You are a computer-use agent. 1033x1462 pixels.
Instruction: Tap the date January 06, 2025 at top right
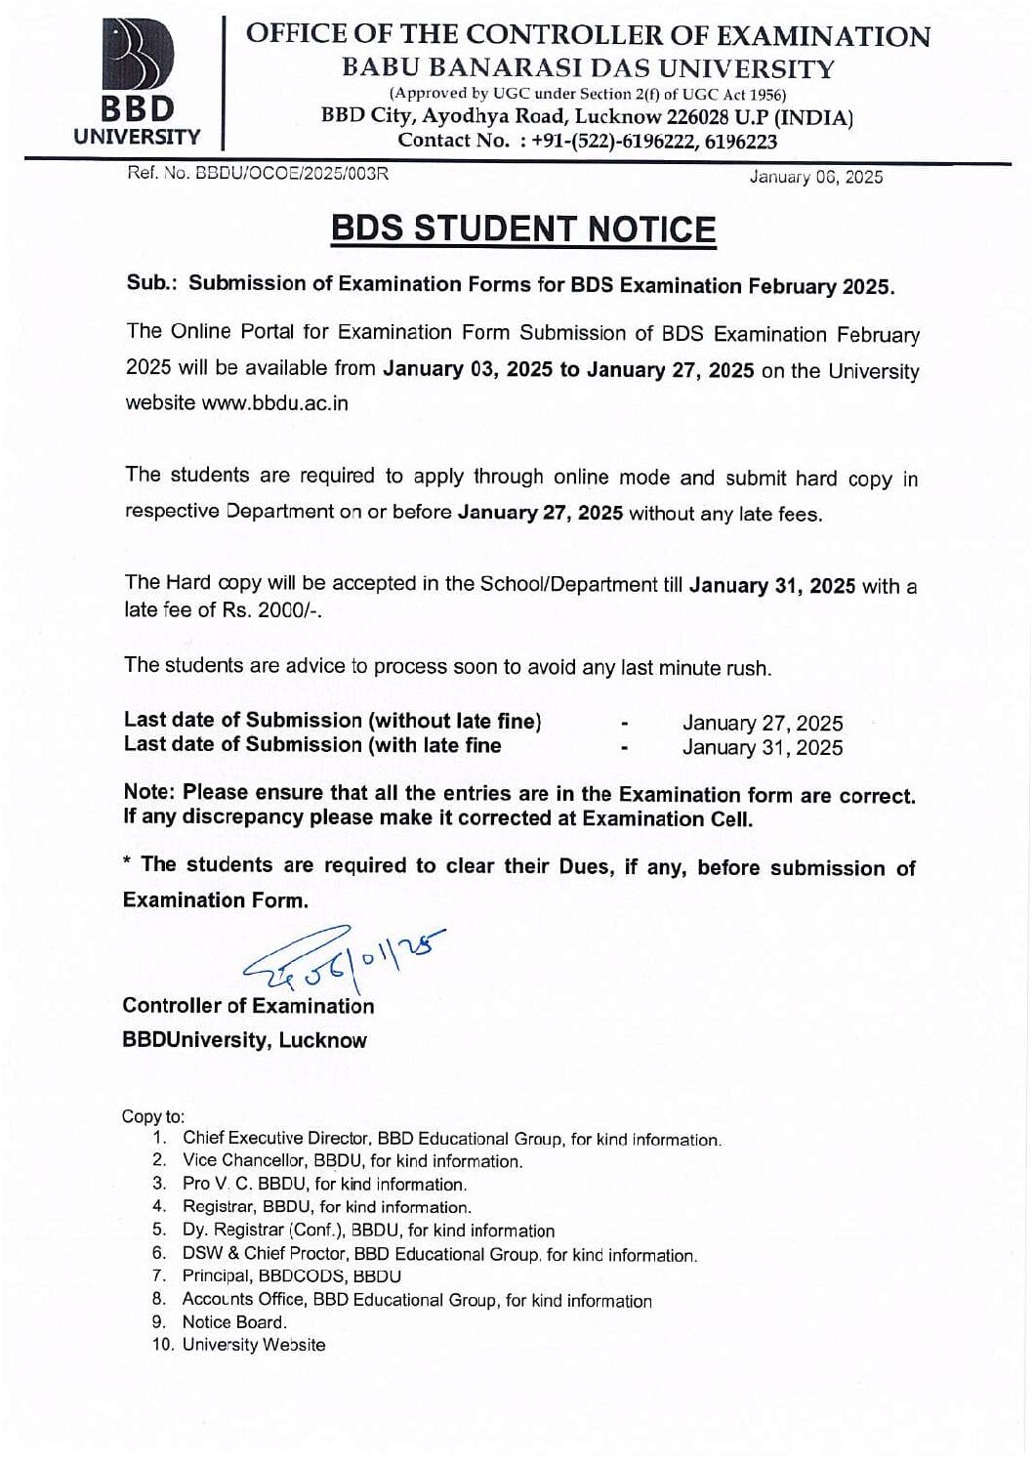[x=815, y=177]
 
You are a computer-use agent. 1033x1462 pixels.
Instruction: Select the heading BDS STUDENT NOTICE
[x=523, y=229]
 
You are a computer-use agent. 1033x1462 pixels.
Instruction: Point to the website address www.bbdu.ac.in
[x=274, y=403]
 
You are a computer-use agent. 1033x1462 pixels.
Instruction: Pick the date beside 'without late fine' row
[x=762, y=724]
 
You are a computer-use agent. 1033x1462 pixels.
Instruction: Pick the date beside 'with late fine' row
[x=762, y=748]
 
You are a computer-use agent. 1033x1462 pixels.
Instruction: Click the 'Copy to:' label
[x=152, y=1116]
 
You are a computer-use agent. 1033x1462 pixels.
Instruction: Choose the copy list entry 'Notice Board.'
[x=234, y=1322]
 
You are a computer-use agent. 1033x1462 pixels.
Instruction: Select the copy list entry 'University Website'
[x=254, y=1345]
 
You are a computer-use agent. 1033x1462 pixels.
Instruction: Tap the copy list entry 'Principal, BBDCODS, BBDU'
[x=291, y=1276]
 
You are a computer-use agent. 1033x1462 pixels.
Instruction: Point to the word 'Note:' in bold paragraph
[x=149, y=792]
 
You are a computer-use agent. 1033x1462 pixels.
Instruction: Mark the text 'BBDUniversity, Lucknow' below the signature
[x=244, y=1040]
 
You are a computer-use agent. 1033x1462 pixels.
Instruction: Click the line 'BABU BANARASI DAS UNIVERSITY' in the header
[x=588, y=69]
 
